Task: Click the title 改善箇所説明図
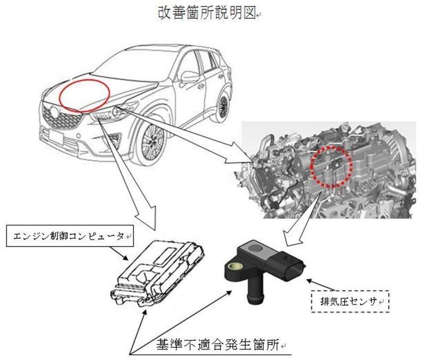pyautogui.click(x=207, y=13)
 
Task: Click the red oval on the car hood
pyautogui.click(x=84, y=93)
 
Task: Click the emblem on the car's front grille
pyautogui.click(x=55, y=113)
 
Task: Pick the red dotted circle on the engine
pyautogui.click(x=331, y=167)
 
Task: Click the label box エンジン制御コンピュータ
pyautogui.click(x=70, y=236)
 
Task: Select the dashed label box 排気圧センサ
pyautogui.click(x=350, y=301)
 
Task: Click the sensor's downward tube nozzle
pyautogui.click(x=256, y=291)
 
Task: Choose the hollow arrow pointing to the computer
pyautogui.click(x=127, y=174)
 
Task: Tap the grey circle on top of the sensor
pyautogui.click(x=256, y=248)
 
